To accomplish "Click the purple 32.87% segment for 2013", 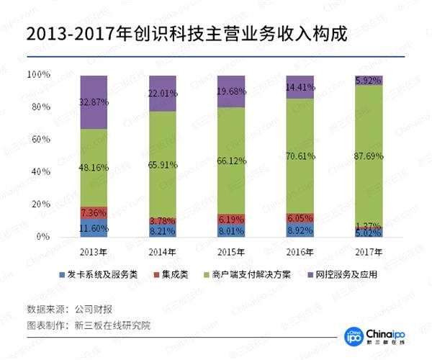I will point(94,102).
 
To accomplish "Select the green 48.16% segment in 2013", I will point(94,167).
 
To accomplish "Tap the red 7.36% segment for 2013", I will point(94,212).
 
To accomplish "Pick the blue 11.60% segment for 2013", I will point(94,228).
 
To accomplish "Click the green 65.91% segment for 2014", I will point(162,164).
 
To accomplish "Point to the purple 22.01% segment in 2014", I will point(162,93).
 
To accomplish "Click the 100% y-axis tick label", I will point(37,75).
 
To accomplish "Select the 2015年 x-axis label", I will point(230,251).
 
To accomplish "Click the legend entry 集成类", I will point(172,274).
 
